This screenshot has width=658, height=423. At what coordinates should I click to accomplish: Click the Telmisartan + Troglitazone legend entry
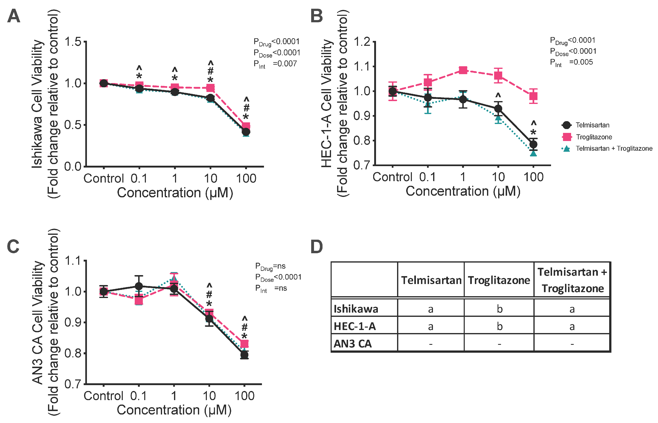point(607,148)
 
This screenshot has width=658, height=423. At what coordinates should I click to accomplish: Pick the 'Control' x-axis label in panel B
point(392,177)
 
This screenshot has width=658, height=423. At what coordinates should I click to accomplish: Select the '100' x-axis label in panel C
point(244,396)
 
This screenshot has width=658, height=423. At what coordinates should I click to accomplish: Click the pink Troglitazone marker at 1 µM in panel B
point(463,70)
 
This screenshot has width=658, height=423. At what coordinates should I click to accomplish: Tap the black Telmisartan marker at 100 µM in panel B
point(533,144)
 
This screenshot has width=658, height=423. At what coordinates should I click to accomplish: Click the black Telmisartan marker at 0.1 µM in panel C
point(139,286)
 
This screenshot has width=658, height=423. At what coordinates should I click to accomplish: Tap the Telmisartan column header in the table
point(431,280)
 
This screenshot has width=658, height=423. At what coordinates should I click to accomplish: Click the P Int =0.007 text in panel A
point(275,64)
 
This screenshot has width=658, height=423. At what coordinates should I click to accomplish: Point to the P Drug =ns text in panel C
point(270,266)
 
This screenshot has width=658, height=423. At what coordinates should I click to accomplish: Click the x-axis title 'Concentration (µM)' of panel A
point(175,192)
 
